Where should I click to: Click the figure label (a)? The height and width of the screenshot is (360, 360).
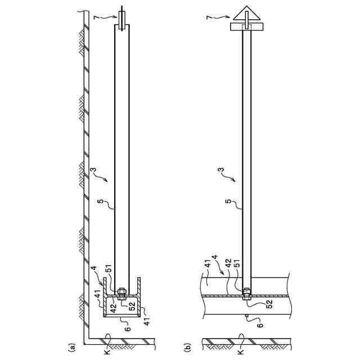pos(72,348)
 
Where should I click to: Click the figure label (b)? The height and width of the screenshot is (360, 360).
pos(188,348)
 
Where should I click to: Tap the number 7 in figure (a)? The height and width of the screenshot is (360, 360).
pos(97,18)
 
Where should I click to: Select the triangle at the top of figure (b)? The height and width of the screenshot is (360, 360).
pos(246,13)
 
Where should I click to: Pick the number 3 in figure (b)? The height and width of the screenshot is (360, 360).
pos(221,170)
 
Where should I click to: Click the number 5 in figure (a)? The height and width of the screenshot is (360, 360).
pos(100,201)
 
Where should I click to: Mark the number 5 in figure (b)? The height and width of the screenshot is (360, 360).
pos(228,201)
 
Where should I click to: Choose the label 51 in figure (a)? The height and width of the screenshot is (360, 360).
pos(109,268)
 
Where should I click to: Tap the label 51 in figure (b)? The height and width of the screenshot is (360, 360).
pos(237,263)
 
